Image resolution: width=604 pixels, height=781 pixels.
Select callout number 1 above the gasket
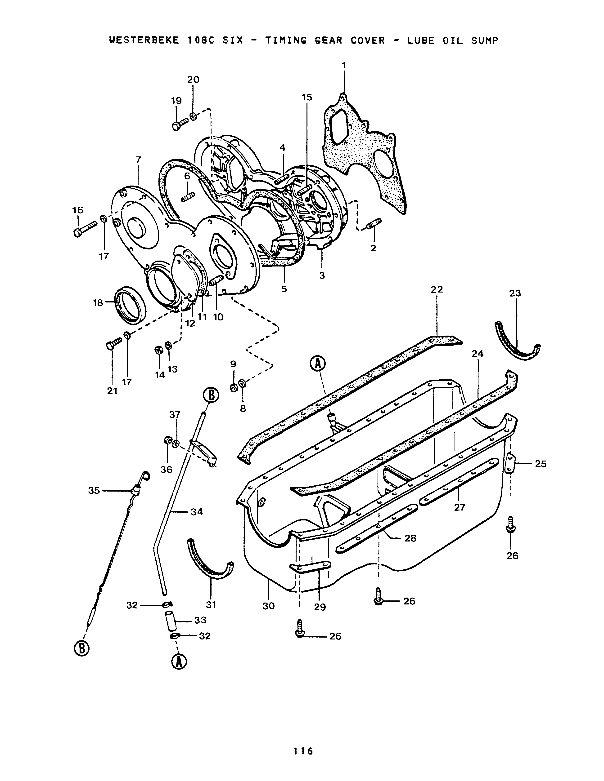[344, 66]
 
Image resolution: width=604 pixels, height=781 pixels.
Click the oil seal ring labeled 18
[130, 303]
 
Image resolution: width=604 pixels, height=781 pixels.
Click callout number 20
[193, 79]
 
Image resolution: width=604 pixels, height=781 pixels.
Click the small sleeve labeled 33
[171, 621]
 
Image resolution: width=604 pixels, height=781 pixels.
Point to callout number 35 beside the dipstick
[94, 491]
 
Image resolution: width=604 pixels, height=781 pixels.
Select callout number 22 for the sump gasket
[437, 289]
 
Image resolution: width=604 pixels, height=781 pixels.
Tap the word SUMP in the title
[484, 40]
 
